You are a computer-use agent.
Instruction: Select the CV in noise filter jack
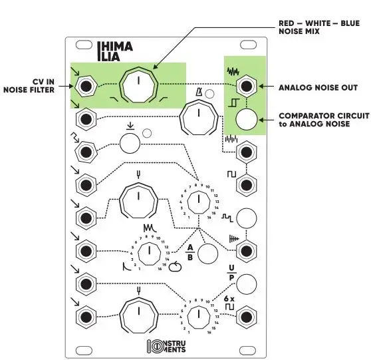(84, 86)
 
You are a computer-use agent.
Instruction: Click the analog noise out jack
(247, 87)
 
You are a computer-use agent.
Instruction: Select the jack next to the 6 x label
(247, 315)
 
